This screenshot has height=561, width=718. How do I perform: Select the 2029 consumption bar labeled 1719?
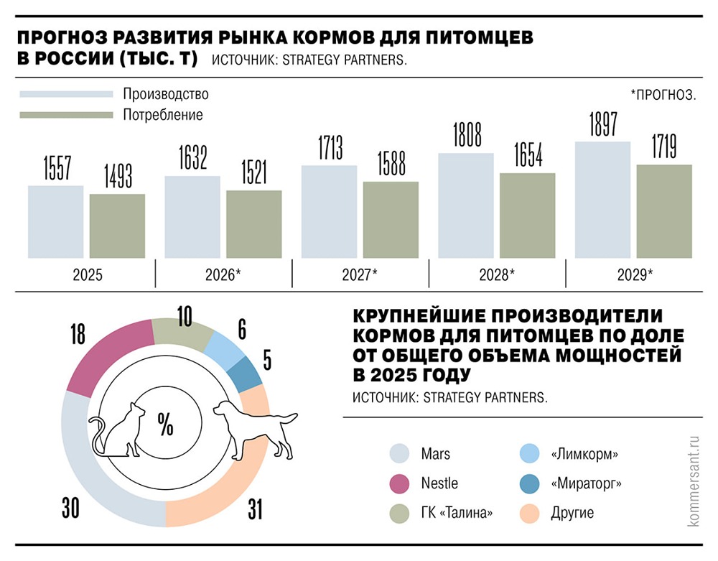[x=663, y=211]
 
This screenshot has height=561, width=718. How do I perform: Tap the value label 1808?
[x=467, y=136]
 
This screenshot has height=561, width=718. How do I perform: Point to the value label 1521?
[x=253, y=173]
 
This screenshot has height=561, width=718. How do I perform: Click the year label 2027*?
[x=360, y=274]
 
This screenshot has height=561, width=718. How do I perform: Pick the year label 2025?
[x=86, y=274]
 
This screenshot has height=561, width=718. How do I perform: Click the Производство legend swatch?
[x=66, y=94]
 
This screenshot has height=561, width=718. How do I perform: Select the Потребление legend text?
[x=162, y=114]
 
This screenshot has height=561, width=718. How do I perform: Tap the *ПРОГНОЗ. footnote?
[x=663, y=94]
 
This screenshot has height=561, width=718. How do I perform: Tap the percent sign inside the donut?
[x=166, y=426]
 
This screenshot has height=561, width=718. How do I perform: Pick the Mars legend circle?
[x=400, y=454]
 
